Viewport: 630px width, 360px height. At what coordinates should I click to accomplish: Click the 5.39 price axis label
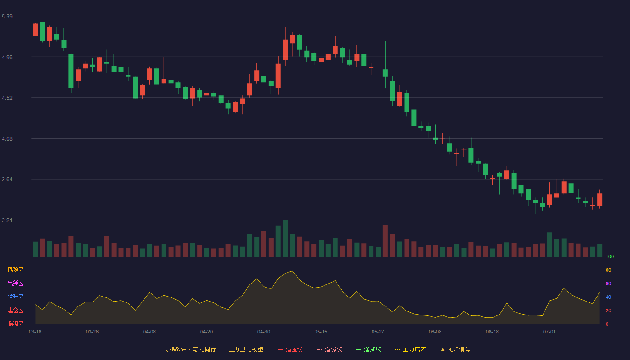tap(7, 17)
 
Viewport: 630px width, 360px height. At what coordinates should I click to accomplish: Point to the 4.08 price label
tap(7, 139)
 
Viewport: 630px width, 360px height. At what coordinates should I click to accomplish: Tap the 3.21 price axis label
tap(7, 220)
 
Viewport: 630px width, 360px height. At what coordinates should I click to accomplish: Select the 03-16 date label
tap(35, 332)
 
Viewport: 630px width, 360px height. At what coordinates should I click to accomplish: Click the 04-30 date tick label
tap(264, 332)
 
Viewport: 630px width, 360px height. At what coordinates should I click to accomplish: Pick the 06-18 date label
tap(492, 332)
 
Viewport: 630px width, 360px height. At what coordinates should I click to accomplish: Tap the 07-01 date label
tap(549, 332)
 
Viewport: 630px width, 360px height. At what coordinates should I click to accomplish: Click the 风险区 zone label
tap(15, 270)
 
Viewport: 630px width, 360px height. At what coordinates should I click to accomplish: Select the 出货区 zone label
tap(15, 283)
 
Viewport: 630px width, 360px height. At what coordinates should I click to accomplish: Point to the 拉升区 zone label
tap(15, 297)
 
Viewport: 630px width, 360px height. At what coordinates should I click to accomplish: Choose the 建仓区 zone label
tap(15, 310)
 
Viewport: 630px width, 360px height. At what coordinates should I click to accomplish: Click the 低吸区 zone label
tap(15, 324)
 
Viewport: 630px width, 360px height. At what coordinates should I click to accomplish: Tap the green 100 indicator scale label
tap(610, 256)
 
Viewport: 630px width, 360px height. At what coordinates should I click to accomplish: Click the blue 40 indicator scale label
tap(608, 297)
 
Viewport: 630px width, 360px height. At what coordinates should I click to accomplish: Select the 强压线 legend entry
tap(290, 349)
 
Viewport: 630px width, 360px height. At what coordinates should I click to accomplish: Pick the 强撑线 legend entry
tap(369, 349)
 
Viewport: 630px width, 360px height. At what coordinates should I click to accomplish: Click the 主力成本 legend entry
tap(410, 349)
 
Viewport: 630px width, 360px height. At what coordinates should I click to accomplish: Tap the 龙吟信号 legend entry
tap(455, 349)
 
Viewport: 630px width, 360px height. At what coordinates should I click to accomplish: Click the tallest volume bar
tap(285, 238)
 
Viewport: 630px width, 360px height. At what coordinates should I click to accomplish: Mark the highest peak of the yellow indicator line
tap(292, 271)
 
